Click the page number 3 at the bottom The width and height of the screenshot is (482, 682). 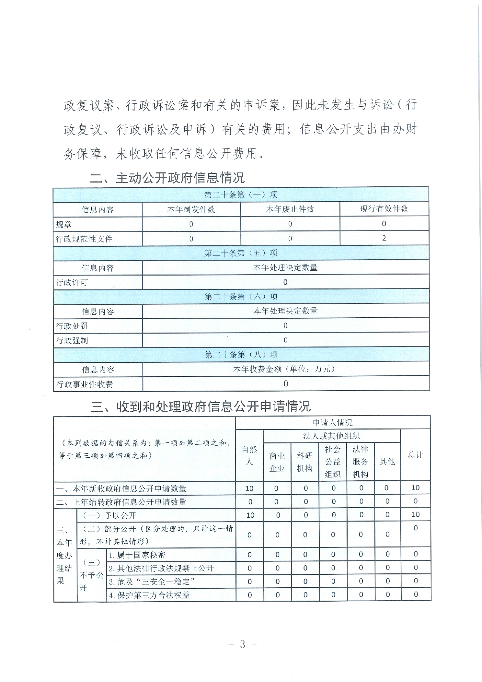243,644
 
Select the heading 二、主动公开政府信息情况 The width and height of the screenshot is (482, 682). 167,178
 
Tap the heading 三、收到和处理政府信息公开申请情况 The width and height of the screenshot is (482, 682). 201,406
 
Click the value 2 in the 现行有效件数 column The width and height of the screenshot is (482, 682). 384,238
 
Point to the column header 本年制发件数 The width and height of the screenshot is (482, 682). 191,209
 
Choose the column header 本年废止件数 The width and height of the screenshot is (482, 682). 290,209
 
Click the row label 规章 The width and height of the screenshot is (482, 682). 63,224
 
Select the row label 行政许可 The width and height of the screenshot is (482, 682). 72,283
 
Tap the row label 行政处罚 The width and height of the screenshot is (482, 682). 72,326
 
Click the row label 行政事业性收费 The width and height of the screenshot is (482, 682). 85,384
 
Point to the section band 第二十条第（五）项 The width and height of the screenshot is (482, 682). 241,253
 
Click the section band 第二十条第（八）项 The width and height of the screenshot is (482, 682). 241,355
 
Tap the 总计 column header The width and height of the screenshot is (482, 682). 415,455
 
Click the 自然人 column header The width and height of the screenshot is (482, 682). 249,455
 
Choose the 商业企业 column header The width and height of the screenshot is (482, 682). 277,462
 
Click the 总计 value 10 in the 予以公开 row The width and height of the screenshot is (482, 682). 415,515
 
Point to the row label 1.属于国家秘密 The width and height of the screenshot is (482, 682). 137,555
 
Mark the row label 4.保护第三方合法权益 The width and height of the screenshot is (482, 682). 149,595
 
